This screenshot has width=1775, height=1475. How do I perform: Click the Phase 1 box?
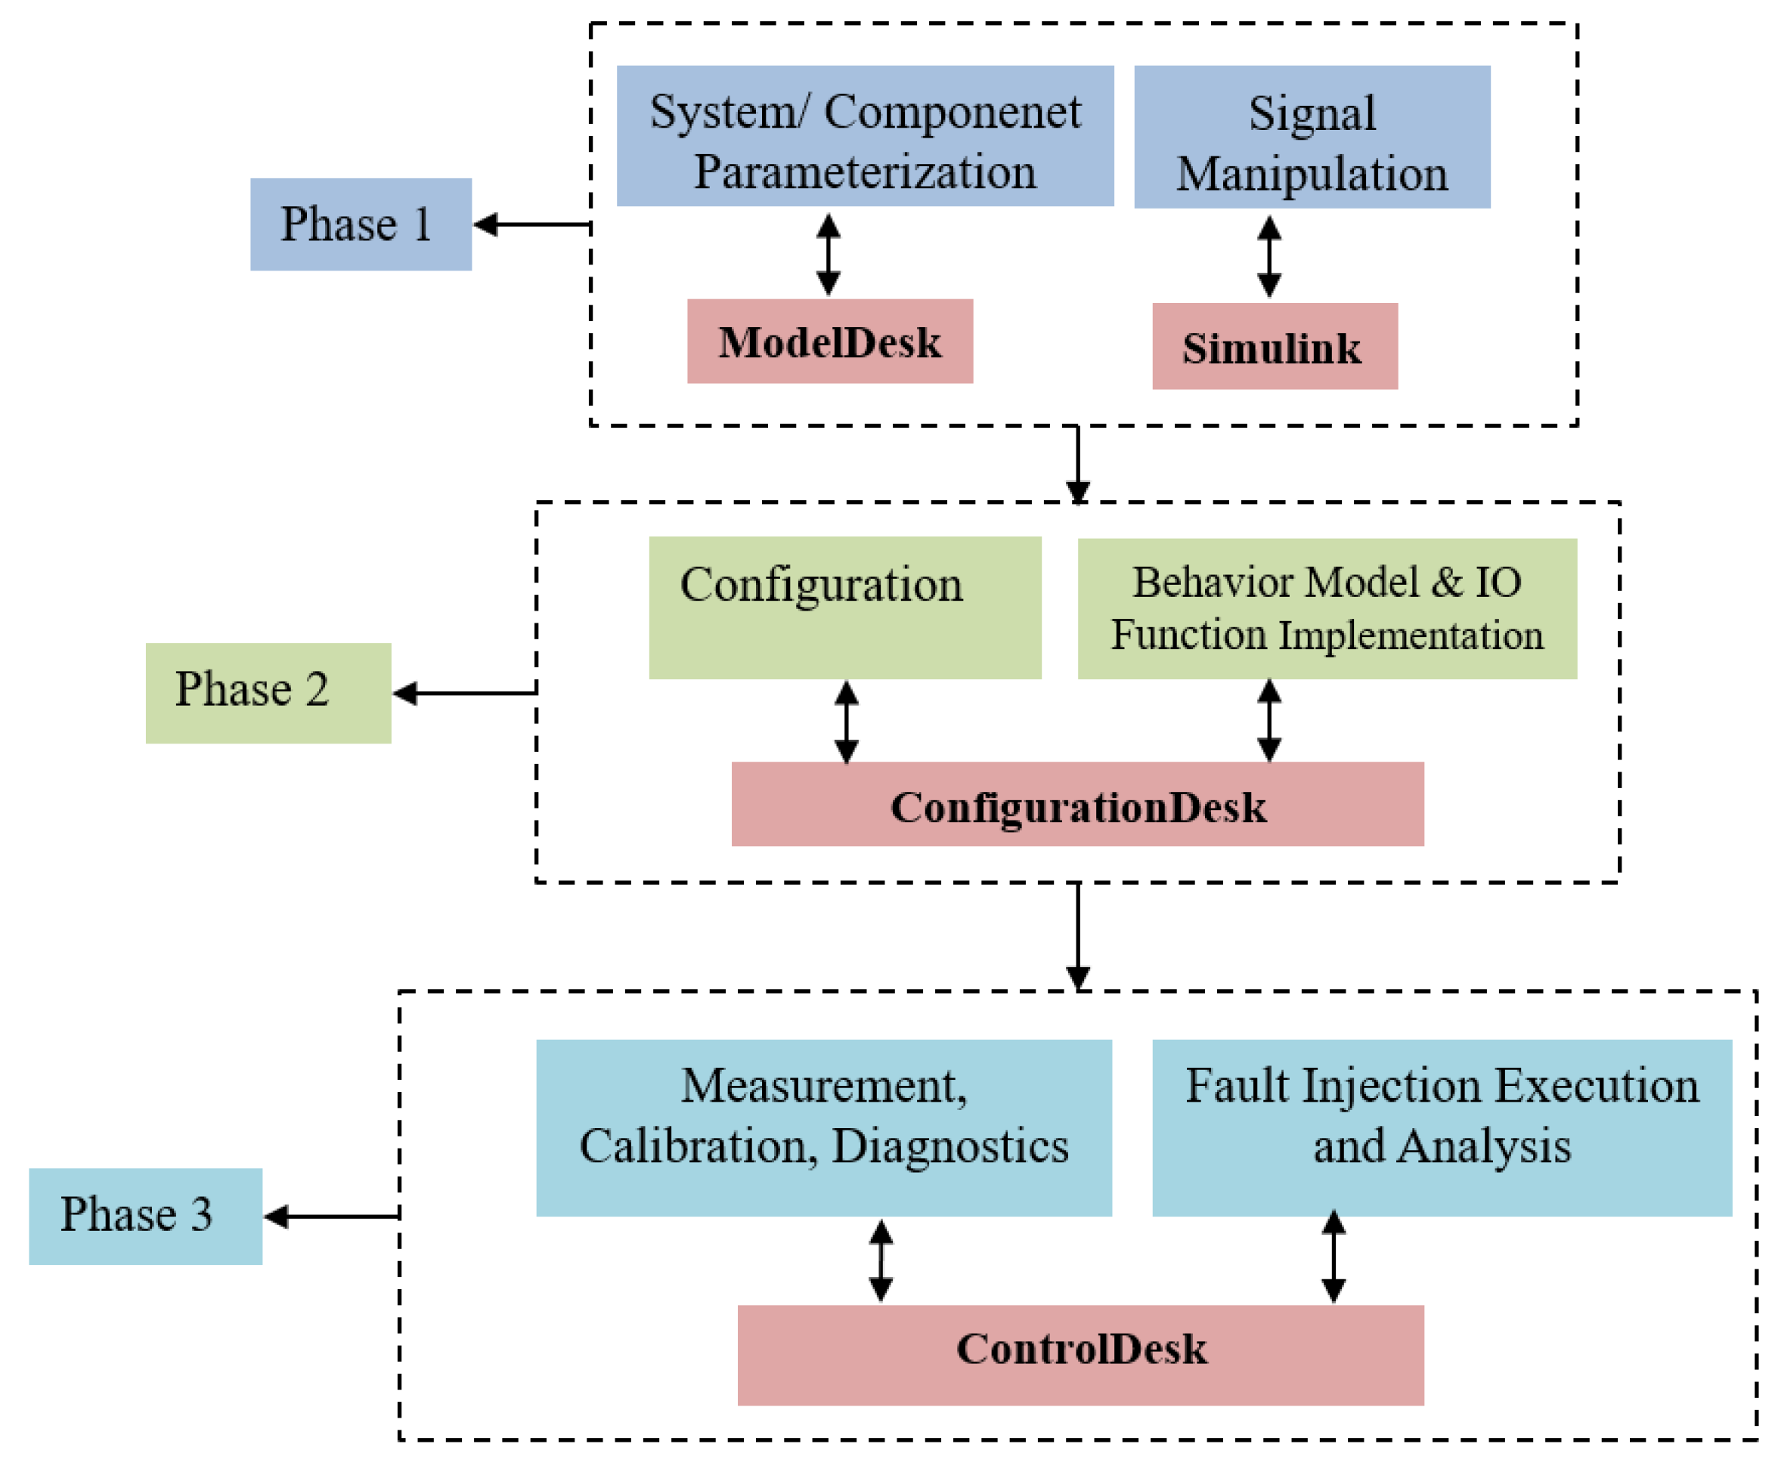pyautogui.click(x=361, y=224)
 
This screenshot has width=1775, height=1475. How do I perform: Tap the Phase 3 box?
pyautogui.click(x=145, y=1217)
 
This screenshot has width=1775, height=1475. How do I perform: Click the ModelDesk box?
pyautogui.click(x=830, y=342)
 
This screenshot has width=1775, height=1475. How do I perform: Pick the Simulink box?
pyautogui.click(x=1275, y=346)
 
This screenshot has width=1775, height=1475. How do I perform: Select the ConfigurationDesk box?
pyautogui.click(x=1078, y=804)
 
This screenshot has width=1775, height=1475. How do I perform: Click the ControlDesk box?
pyautogui.click(x=1080, y=1355)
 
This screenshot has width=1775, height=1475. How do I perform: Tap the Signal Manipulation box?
pyautogui.click(x=1312, y=137)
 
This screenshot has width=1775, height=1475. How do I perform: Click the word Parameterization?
pyautogui.click(x=865, y=172)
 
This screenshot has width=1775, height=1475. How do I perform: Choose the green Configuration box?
pyautogui.click(x=844, y=608)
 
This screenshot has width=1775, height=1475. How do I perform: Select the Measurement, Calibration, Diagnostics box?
pyautogui.click(x=824, y=1128)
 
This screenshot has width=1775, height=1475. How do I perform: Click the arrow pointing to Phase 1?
pyautogui.click(x=531, y=224)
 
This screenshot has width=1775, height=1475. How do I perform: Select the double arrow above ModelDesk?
pyautogui.click(x=829, y=255)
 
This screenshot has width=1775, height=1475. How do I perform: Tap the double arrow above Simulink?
pyautogui.click(x=1269, y=257)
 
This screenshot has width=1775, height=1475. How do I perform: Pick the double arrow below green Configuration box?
pyautogui.click(x=846, y=722)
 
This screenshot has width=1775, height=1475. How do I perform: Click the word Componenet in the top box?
pyautogui.click(x=952, y=113)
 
